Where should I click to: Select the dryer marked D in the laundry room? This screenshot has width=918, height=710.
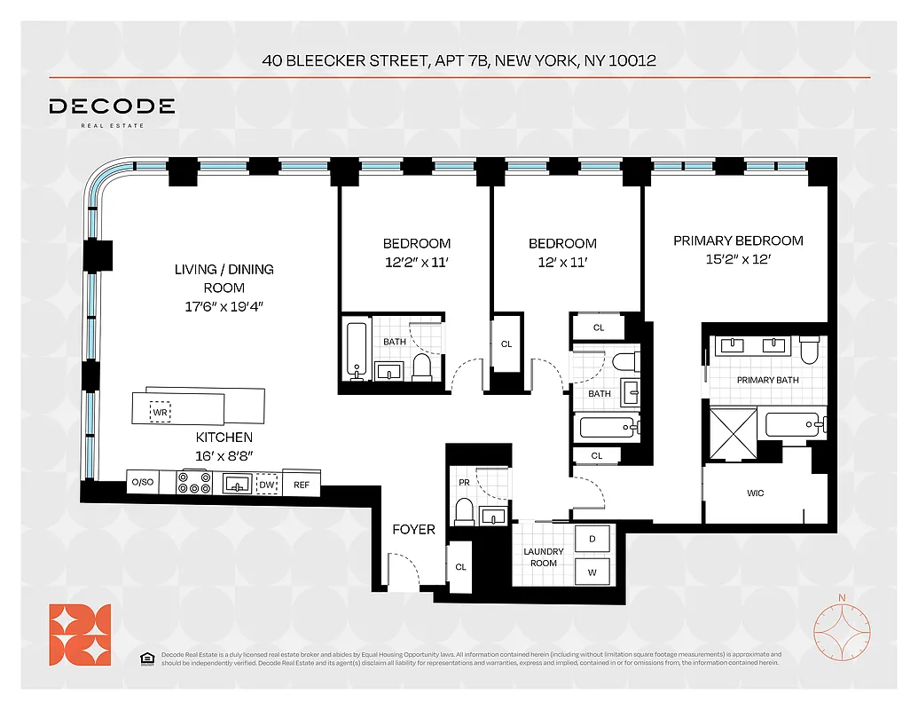click(x=592, y=539)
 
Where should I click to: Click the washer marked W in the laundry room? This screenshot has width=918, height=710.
click(x=592, y=572)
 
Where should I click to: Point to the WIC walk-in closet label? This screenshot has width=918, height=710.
click(x=755, y=493)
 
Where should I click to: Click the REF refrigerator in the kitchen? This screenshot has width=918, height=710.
click(x=302, y=485)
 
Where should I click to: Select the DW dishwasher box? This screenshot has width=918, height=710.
click(x=266, y=485)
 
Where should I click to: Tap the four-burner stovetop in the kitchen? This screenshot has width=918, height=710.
click(x=195, y=483)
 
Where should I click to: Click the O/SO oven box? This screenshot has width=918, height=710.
click(x=142, y=483)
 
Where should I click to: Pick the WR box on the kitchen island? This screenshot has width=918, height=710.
click(x=161, y=411)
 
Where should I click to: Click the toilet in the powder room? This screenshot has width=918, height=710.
click(x=463, y=512)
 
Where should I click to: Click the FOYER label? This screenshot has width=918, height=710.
click(x=414, y=530)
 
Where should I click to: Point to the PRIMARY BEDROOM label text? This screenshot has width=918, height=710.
click(x=738, y=241)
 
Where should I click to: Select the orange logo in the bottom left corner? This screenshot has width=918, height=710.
click(x=80, y=634)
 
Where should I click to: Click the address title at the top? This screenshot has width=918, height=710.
click(x=459, y=61)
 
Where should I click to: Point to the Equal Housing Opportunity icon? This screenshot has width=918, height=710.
click(x=146, y=658)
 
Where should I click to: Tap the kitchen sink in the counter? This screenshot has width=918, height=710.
click(x=235, y=484)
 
